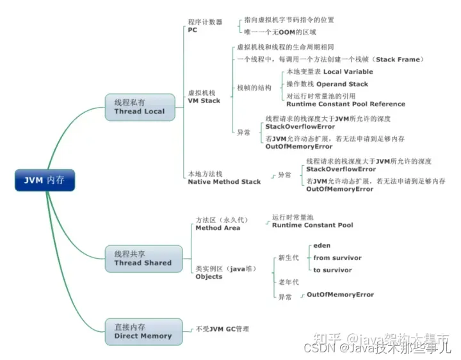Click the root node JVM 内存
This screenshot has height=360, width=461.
45,181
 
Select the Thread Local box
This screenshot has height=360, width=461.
140,107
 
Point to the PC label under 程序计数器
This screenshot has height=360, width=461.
193,30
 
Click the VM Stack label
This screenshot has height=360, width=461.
204,101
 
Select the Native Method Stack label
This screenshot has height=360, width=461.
224,182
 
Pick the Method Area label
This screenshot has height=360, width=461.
218,228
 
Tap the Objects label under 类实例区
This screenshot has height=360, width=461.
209,277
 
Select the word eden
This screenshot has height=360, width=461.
321,245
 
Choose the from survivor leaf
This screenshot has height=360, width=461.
337,258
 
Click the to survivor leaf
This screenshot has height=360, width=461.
332,270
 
